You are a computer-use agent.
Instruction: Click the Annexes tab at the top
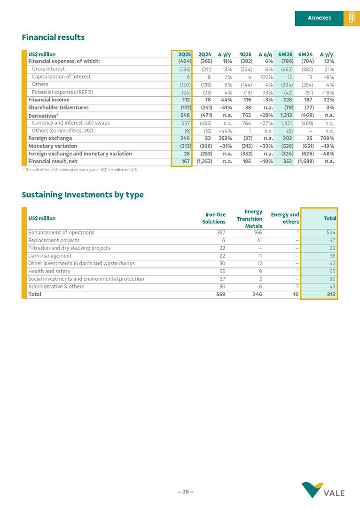(x=319, y=18)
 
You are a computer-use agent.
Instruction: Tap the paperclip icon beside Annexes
(x=351, y=18)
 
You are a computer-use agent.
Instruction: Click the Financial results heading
(x=53, y=37)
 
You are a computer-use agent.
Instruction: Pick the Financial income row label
(x=49, y=100)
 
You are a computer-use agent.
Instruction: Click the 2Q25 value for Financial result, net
(x=185, y=161)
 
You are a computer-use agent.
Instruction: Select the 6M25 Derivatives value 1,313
(x=287, y=115)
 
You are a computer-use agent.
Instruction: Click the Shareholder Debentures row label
(x=58, y=108)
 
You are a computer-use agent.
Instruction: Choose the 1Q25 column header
(x=245, y=54)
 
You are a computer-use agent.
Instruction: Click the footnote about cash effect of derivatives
(x=80, y=169)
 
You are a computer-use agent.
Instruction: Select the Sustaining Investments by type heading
(x=83, y=195)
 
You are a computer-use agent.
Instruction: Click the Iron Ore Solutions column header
(x=214, y=218)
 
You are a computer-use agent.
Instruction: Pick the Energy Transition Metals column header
(x=250, y=219)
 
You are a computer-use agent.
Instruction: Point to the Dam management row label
(x=47, y=256)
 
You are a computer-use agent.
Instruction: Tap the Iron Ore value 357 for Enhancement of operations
(x=220, y=232)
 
